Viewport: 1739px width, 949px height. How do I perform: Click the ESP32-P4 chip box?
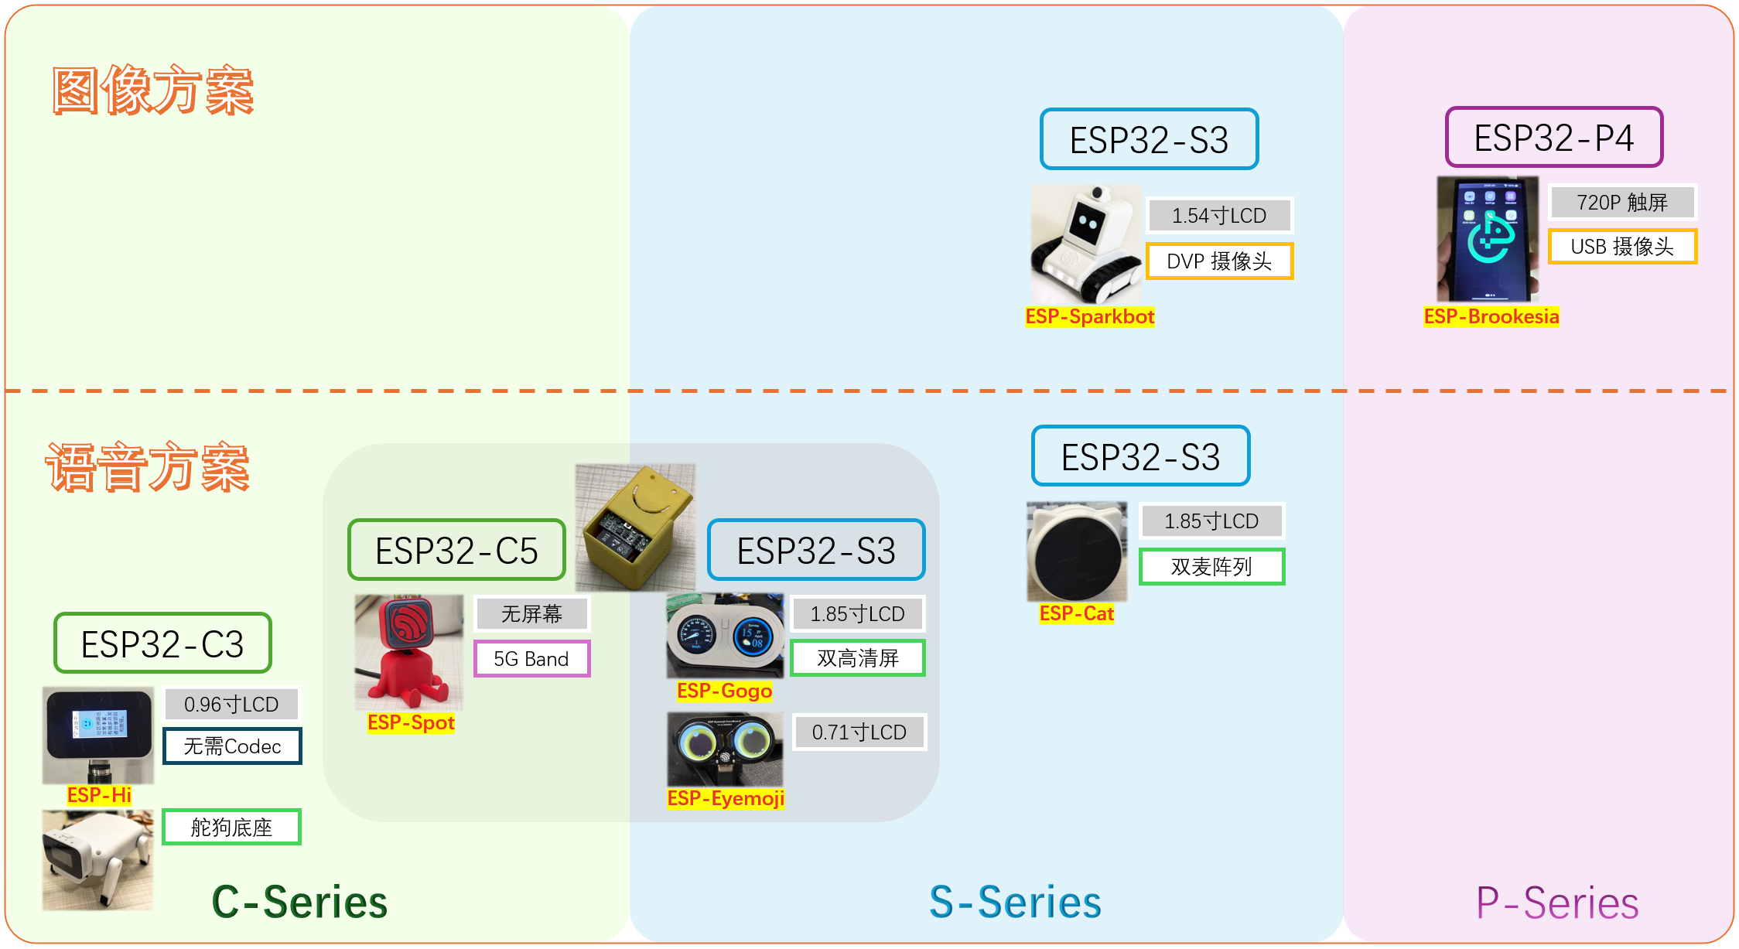[1553, 138]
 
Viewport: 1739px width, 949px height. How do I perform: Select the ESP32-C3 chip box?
[162, 643]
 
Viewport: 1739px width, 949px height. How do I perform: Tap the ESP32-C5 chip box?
[456, 550]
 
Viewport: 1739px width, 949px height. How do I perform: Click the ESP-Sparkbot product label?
[1089, 316]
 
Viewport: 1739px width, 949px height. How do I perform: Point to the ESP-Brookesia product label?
[1491, 316]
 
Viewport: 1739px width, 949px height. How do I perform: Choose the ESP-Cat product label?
[1076, 613]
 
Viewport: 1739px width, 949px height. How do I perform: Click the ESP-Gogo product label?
[724, 691]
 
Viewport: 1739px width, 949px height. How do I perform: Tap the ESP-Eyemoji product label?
[726, 798]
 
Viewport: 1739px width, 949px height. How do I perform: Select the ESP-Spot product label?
[411, 722]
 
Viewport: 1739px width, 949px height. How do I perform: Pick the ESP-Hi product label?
[99, 795]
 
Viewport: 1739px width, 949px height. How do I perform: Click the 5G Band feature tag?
[531, 659]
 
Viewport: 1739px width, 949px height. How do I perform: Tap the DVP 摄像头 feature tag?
[1219, 261]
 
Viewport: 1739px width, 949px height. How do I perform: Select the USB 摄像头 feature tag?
[1622, 247]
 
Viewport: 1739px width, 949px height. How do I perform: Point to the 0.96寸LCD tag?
[231, 704]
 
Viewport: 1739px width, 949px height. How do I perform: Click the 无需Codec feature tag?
[232, 746]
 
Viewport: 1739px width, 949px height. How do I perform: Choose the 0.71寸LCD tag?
[859, 732]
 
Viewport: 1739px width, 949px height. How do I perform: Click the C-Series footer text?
[299, 903]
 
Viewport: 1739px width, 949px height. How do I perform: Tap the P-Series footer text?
[1557, 903]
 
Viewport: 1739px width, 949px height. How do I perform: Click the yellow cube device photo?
[635, 527]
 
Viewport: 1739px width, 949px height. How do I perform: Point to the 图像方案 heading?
[153, 90]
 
